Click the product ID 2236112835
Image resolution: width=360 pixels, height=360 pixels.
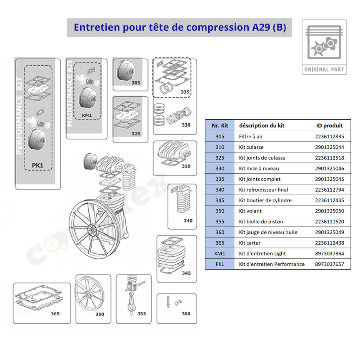pyautogui.click(x=330, y=137)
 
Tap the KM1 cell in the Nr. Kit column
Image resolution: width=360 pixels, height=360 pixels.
pyautogui.click(x=220, y=253)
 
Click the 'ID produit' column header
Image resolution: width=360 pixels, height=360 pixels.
pyautogui.click(x=329, y=125)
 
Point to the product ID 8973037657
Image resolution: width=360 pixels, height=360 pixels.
pyautogui.click(x=330, y=264)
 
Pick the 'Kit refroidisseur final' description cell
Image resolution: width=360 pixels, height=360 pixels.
pyautogui.click(x=263, y=190)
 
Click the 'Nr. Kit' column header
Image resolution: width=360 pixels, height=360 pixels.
pyautogui.click(x=220, y=125)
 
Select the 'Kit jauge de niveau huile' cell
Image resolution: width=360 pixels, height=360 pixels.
pyautogui.click(x=268, y=232)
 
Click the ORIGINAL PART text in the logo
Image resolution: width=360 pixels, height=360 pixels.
pyautogui.click(x=324, y=69)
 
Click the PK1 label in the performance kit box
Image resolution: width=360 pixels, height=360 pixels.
pyautogui.click(x=37, y=165)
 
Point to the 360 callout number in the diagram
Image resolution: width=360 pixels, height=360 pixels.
pyautogui.click(x=186, y=314)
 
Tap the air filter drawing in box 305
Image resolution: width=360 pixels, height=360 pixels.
pyautogui.click(x=126, y=71)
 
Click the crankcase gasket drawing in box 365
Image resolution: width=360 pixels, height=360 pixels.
pyautogui.click(x=38, y=298)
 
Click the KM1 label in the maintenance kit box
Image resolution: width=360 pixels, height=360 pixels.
pyautogui.click(x=87, y=115)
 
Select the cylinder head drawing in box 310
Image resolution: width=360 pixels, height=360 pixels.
pyautogui.click(x=174, y=153)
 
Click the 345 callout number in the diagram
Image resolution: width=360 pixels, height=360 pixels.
pyautogui.click(x=186, y=273)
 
